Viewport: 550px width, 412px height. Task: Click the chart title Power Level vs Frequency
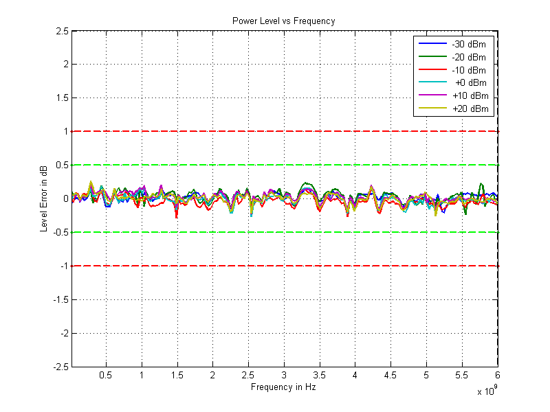[x=283, y=21]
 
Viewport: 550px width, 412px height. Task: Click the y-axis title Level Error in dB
[x=44, y=198]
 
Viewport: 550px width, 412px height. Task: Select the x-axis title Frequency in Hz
[x=283, y=387]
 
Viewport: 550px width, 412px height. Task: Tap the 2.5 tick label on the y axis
[x=60, y=31]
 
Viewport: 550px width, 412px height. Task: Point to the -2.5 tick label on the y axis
[x=59, y=367]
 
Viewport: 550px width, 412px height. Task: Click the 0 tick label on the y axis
[x=65, y=198]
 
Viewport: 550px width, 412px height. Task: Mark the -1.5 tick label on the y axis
[x=59, y=299]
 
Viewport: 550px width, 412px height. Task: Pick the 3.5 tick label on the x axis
[x=319, y=376]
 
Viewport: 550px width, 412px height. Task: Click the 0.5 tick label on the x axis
[x=106, y=376]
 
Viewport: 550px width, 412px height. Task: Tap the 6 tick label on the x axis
[x=497, y=376]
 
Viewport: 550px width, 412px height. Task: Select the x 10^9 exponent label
[x=486, y=392]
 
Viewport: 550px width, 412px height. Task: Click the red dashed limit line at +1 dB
[x=206, y=131]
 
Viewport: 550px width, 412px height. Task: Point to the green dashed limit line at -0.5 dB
[x=206, y=232]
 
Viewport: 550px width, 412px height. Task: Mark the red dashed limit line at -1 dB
[x=206, y=266]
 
